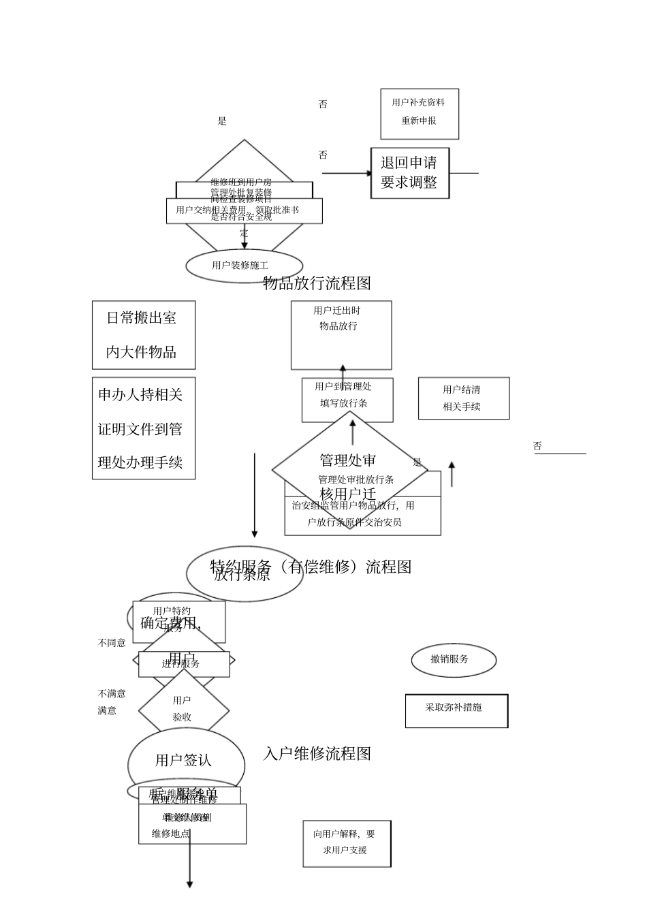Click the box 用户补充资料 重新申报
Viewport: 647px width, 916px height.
[419, 114]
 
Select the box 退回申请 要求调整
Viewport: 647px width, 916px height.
[409, 173]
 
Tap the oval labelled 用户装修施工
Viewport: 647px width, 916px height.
[244, 266]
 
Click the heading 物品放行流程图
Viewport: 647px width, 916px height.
[317, 282]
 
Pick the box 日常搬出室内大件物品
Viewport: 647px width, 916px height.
[143, 335]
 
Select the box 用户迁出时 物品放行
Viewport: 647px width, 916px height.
[341, 335]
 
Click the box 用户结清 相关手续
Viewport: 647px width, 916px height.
[463, 398]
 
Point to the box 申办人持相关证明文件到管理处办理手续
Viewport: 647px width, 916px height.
[143, 428]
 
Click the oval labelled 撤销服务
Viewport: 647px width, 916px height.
[454, 659]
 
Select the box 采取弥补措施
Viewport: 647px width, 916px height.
[456, 710]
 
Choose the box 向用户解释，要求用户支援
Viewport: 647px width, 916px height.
[347, 843]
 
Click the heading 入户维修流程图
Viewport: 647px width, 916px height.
[317, 754]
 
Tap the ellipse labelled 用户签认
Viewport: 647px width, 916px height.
[185, 761]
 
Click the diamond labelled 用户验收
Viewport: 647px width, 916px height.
[183, 709]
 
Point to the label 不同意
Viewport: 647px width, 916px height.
[112, 643]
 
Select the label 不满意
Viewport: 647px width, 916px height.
[112, 693]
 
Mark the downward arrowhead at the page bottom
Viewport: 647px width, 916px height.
[189, 884]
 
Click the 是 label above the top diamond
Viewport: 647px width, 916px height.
[222, 121]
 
